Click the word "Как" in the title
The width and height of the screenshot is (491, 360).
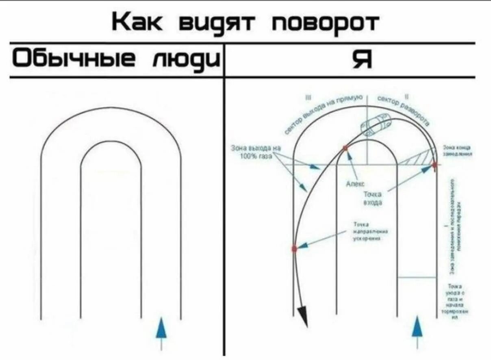136,23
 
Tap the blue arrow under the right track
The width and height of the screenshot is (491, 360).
417,327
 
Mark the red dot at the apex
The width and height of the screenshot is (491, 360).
345,148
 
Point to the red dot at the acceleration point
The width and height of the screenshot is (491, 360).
294,248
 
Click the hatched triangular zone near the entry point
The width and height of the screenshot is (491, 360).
419,158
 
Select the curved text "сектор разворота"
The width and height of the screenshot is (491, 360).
405,108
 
